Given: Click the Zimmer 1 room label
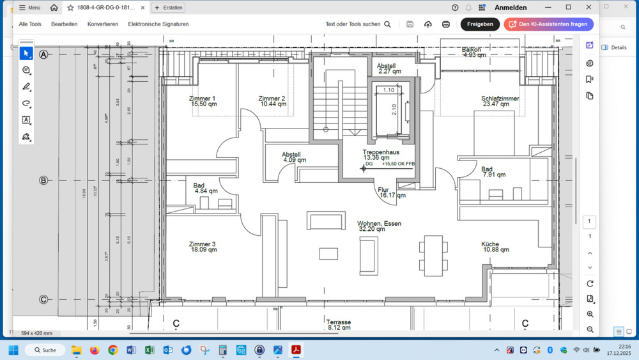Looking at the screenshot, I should point(202,98).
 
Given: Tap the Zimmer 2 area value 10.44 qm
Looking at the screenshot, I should point(273,104).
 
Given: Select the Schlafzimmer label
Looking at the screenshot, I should point(500,98).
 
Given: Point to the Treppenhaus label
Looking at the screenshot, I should point(381,152).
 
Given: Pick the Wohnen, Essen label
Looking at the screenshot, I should point(379,224).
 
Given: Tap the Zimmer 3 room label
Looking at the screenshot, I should point(202,244).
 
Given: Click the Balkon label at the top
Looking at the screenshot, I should point(472,49).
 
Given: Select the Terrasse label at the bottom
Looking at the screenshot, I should point(338,322).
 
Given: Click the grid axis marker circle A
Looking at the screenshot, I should point(43,55).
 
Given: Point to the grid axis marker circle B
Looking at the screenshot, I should point(43,180).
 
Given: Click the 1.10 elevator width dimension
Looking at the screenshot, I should point(389,91).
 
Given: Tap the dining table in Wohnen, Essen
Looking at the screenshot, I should point(433,254).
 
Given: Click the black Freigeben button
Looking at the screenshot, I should point(480,24).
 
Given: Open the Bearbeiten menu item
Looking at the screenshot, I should point(64,24).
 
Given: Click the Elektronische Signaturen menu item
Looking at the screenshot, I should point(158,24).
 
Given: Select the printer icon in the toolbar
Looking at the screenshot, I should point(446,24).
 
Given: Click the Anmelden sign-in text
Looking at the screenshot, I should point(511,8).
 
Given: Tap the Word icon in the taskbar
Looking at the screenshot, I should point(131,350).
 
